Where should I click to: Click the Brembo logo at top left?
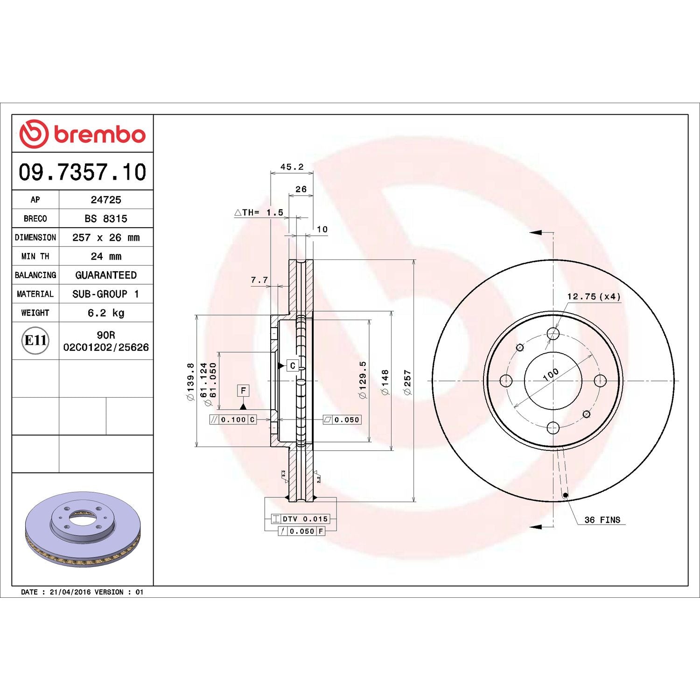click(x=82, y=134)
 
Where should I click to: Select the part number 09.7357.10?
click(x=83, y=172)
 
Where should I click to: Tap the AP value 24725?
click(x=106, y=200)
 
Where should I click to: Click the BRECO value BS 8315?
click(x=106, y=218)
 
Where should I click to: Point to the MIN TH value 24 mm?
click(x=106, y=256)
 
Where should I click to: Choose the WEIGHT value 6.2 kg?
click(x=106, y=313)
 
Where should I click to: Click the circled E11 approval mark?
click(x=35, y=340)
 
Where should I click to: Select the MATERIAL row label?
click(x=35, y=294)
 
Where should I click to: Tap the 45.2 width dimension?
click(x=292, y=167)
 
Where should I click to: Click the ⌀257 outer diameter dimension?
click(x=407, y=382)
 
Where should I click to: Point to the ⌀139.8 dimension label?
click(x=190, y=381)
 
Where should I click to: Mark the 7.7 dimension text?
click(x=259, y=280)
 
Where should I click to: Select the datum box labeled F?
click(x=243, y=391)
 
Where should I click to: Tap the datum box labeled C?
click(x=293, y=365)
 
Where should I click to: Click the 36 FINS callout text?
click(x=602, y=520)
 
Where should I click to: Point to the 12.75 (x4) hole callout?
click(x=594, y=296)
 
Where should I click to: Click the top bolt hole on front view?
click(x=553, y=334)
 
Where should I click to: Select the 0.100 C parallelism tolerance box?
click(x=233, y=420)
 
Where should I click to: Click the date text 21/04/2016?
click(x=70, y=592)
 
